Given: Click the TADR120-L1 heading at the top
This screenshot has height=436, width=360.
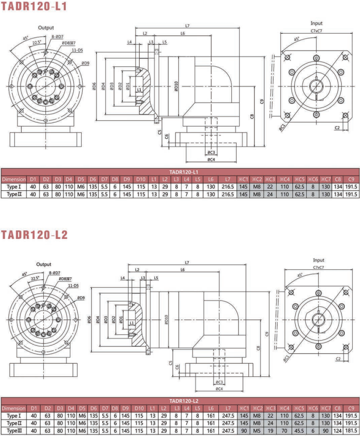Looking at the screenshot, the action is (x=34, y=6).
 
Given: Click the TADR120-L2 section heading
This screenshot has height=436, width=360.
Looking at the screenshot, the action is (x=34, y=235).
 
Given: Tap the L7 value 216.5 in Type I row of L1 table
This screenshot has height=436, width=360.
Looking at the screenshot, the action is (x=228, y=187).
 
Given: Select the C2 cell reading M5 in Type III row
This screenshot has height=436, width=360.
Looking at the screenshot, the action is (x=257, y=431).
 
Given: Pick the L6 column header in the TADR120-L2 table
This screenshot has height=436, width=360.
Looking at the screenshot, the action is (x=211, y=409).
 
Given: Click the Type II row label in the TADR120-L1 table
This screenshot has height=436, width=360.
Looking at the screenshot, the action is (x=14, y=195).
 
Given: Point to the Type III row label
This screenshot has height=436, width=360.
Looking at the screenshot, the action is (x=14, y=431).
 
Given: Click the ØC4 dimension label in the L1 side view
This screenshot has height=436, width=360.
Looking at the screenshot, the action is (x=211, y=160).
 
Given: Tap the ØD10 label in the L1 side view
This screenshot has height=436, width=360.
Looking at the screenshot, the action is (x=176, y=86).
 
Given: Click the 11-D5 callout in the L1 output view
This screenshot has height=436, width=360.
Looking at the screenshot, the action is (x=77, y=50).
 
